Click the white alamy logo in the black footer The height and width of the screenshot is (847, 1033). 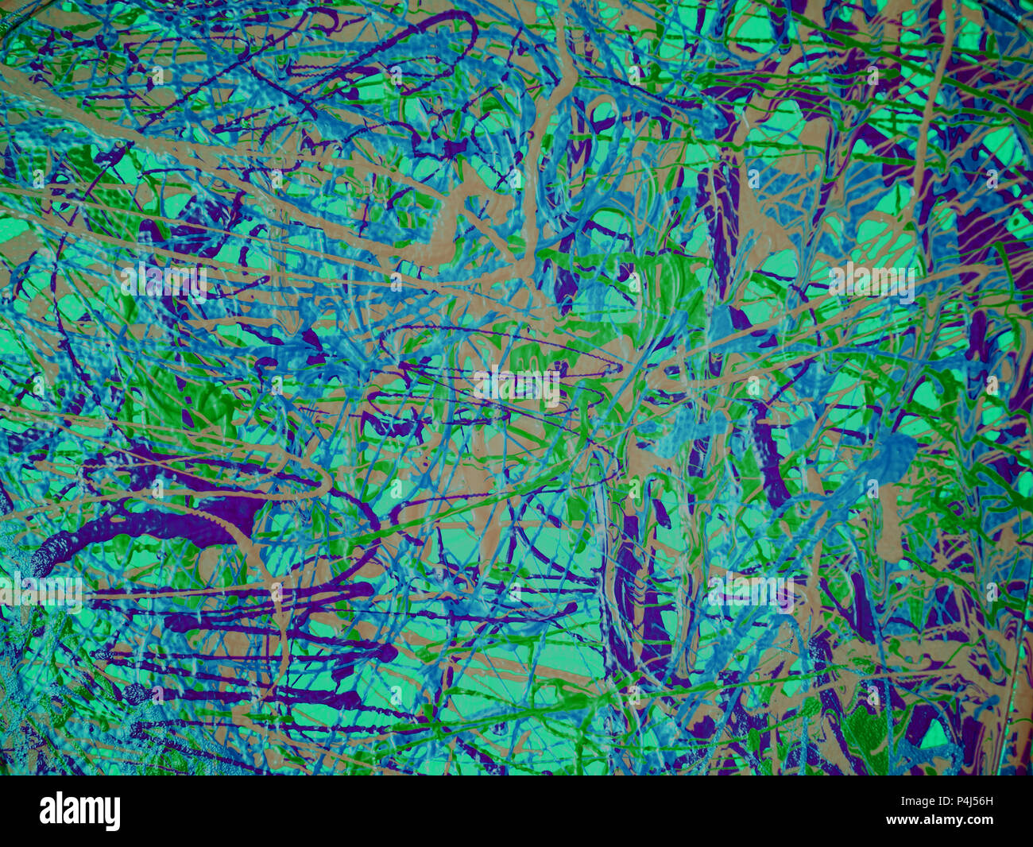click(x=79, y=811)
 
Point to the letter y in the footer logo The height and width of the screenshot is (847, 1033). click(x=113, y=814)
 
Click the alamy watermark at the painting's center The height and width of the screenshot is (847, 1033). click(x=516, y=386)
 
